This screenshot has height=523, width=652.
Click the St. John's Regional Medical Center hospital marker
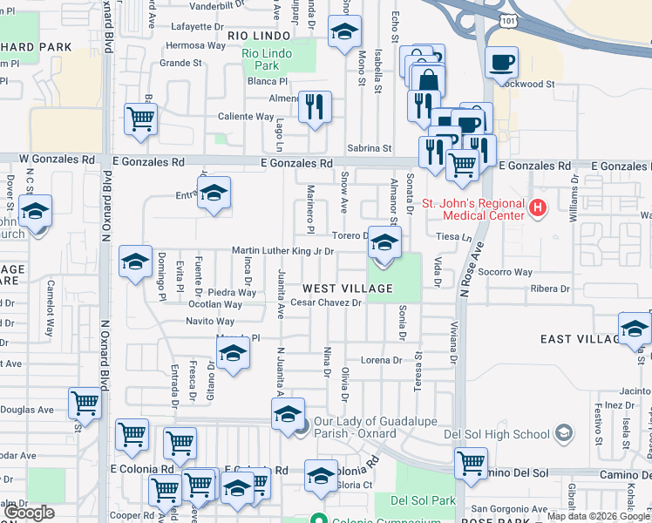(x=537, y=207)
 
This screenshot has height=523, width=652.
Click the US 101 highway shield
(x=507, y=17)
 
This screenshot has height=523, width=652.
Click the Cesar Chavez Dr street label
(x=326, y=302)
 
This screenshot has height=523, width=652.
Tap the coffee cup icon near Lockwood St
(x=501, y=63)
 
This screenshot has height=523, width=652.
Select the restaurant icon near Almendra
(x=315, y=107)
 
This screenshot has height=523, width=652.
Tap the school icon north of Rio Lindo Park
(x=344, y=33)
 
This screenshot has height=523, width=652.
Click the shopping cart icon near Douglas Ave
(x=85, y=403)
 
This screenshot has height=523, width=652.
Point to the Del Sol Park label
(x=423, y=500)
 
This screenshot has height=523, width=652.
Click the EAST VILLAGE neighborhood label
(x=579, y=339)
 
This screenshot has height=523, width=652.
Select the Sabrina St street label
(x=369, y=149)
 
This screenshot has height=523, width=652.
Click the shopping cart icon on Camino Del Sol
(x=471, y=462)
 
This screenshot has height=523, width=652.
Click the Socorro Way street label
(x=505, y=272)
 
